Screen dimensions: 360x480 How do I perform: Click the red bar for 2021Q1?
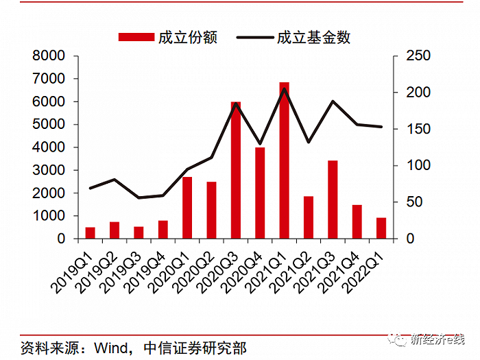pyautogui.click(x=284, y=160)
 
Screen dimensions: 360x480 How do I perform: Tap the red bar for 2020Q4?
pyautogui.click(x=260, y=193)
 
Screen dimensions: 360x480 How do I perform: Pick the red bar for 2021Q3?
pyautogui.click(x=333, y=200)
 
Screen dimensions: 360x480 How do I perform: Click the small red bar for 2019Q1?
pyautogui.click(x=90, y=232)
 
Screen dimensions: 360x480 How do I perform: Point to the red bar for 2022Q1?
pyautogui.click(x=381, y=228)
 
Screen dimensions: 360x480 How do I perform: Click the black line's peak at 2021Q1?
pyautogui.click(x=284, y=88)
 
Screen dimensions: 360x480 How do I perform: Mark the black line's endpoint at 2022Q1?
pyautogui.click(x=381, y=127)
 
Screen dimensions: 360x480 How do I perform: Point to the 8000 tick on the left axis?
pyautogui.click(x=51, y=56)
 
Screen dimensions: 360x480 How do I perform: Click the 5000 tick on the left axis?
pyautogui.click(x=51, y=124)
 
